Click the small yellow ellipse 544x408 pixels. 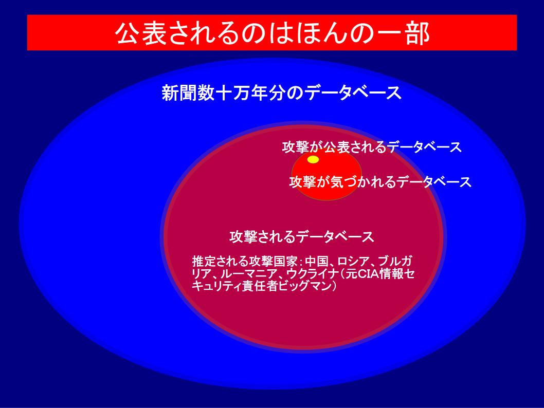coord(313,159)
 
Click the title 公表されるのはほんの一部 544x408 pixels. coord(273,33)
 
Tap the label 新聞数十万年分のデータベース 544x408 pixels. coord(281,93)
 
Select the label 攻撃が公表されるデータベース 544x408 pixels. coord(372,147)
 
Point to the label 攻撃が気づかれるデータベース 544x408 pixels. coord(380,182)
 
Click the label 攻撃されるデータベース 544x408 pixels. coord(301,237)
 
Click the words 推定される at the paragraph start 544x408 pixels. coord(220,261)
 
